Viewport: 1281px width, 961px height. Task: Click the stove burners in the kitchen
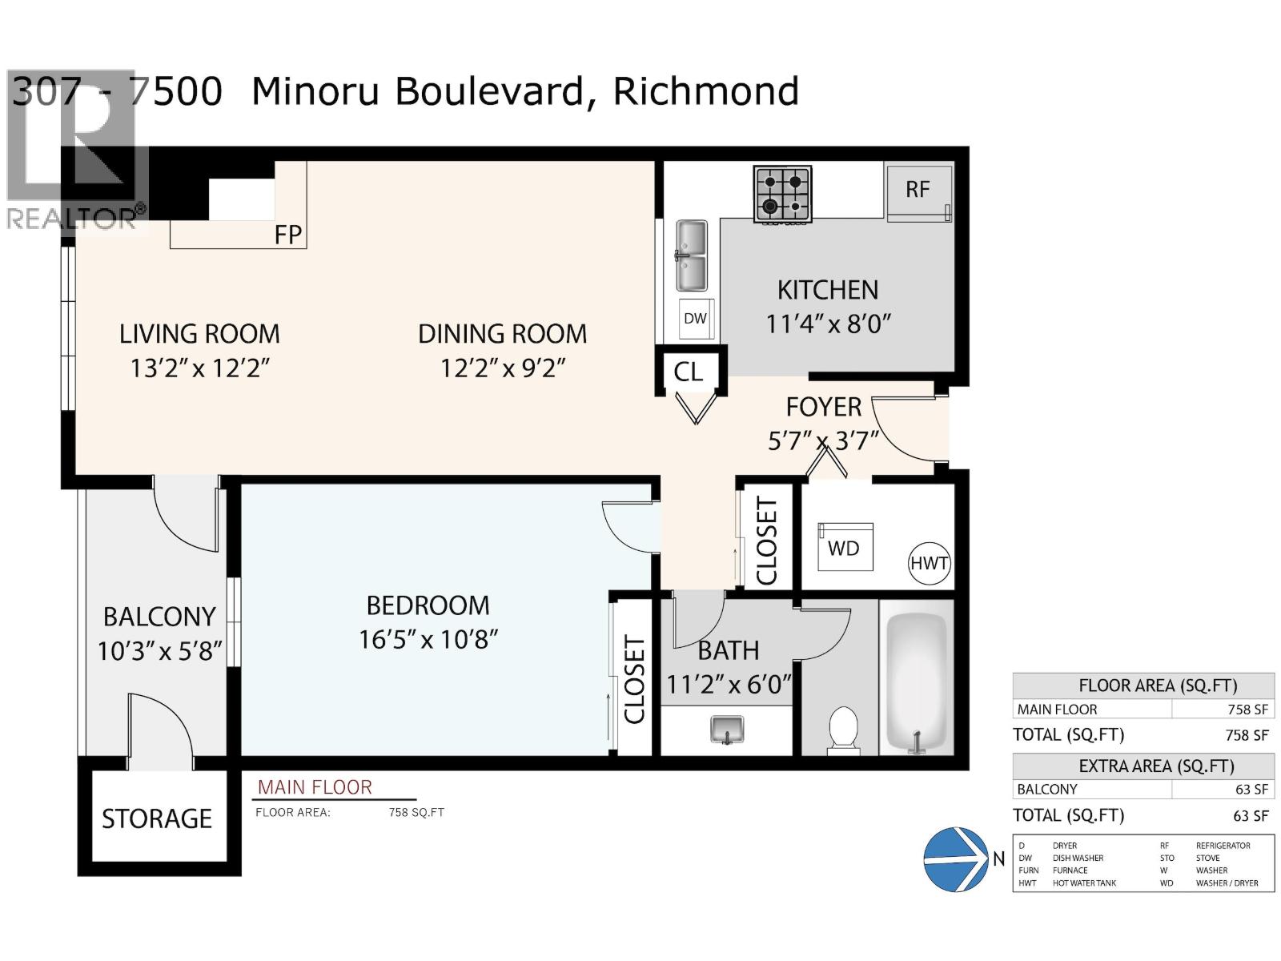[782, 194]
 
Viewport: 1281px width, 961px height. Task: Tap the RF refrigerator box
[918, 191]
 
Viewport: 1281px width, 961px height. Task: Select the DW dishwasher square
[695, 319]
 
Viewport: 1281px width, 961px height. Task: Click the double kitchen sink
[692, 256]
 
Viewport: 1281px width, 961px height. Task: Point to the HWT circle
[929, 563]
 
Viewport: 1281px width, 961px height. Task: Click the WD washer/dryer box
[844, 548]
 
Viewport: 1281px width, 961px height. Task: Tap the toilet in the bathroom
[842, 729]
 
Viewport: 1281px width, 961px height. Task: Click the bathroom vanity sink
[727, 730]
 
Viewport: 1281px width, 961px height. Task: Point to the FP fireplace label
[288, 235]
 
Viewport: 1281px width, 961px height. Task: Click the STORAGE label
[157, 818]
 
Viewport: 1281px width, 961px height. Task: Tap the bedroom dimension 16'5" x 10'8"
[428, 640]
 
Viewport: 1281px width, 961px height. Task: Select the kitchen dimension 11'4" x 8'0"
[828, 324]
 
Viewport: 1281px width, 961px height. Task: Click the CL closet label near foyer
[689, 372]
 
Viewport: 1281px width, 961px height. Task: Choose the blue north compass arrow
[956, 859]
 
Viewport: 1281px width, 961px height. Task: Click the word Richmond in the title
[705, 91]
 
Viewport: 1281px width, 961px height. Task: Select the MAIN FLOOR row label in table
[1057, 710]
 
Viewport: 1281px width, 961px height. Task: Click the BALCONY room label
[159, 617]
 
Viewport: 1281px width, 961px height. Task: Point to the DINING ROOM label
[502, 334]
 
